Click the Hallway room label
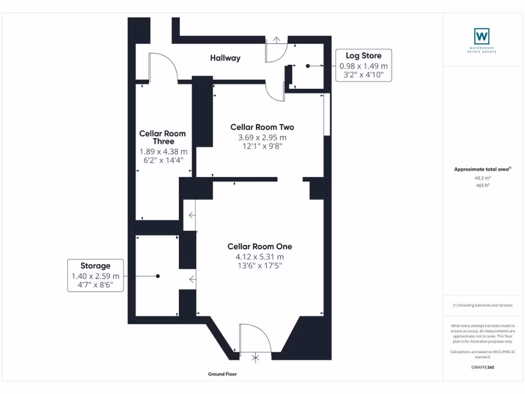(x=225, y=58)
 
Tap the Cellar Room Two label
(x=262, y=127)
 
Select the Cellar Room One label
(x=259, y=247)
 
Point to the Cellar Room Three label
(x=163, y=137)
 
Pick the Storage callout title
(x=95, y=266)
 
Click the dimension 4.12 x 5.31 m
(x=259, y=257)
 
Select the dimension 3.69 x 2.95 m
(x=262, y=137)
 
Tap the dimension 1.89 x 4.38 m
(x=163, y=151)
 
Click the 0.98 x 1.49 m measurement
(x=364, y=66)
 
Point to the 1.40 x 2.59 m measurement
(x=95, y=276)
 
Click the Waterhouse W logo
(x=481, y=36)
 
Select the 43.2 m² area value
(x=481, y=178)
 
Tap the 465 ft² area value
(x=481, y=185)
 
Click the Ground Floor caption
(x=223, y=375)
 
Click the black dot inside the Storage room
(x=158, y=276)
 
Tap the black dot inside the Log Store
(x=308, y=66)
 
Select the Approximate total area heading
(x=482, y=169)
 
